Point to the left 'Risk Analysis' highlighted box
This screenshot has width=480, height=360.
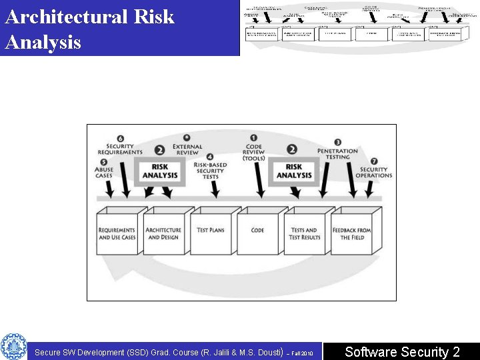click(x=160, y=171)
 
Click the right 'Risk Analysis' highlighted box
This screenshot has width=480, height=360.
click(x=294, y=171)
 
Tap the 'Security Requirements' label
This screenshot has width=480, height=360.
click(x=120, y=149)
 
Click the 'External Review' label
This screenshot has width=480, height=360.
click(x=187, y=149)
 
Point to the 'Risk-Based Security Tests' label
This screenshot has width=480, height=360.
click(x=210, y=171)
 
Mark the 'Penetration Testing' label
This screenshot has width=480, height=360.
click(x=337, y=155)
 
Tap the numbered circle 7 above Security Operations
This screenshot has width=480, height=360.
click(x=374, y=161)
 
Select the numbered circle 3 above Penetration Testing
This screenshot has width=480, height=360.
click(x=338, y=142)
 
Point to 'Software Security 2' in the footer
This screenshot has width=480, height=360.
click(x=402, y=352)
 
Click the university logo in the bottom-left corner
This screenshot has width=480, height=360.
click(x=13, y=347)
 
